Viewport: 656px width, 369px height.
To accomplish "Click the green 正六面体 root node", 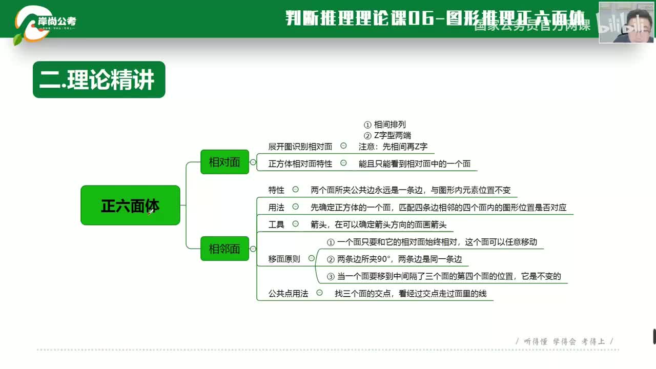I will pyautogui.click(x=130, y=206).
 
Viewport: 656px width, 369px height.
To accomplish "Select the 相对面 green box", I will pyautogui.click(x=224, y=162).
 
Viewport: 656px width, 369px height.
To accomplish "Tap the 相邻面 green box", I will pyautogui.click(x=224, y=249).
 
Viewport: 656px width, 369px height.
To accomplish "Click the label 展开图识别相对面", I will pyautogui.click(x=300, y=147).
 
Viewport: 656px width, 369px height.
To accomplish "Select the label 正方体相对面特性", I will pyautogui.click(x=300, y=164).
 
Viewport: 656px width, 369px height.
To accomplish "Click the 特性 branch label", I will pyautogui.click(x=276, y=190).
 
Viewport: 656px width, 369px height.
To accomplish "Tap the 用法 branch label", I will pyautogui.click(x=276, y=207).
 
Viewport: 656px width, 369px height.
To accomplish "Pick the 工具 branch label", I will pyautogui.click(x=276, y=224).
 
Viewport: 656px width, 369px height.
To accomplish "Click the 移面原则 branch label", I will pyautogui.click(x=284, y=259).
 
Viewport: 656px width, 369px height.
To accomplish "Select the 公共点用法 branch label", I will pyautogui.click(x=289, y=294).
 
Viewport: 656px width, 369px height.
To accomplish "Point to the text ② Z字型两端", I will pyautogui.click(x=387, y=135).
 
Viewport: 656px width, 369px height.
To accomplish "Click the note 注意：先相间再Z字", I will pyautogui.click(x=393, y=147).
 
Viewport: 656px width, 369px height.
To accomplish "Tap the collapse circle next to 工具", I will pyautogui.click(x=296, y=223).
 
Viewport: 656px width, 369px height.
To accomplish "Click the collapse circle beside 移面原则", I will pyautogui.click(x=312, y=258).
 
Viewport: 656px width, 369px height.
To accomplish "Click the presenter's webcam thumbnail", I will pyautogui.click(x=626, y=22).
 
